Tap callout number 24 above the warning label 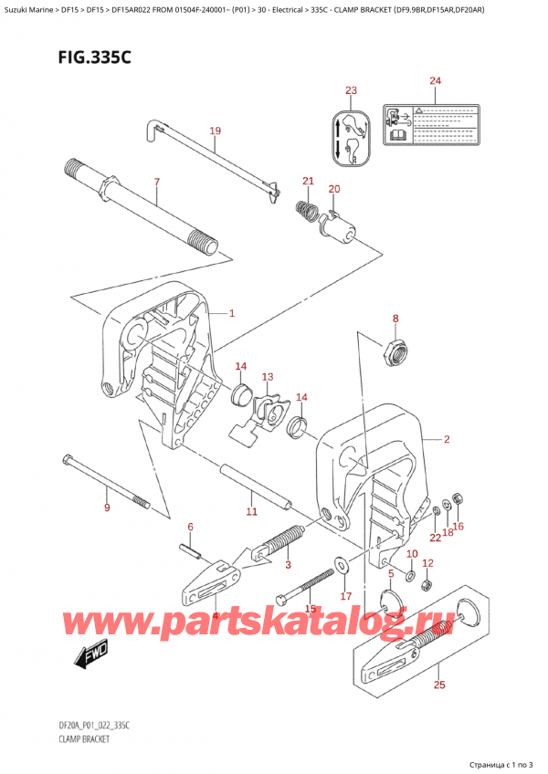434,81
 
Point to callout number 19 215,131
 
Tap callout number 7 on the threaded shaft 156,183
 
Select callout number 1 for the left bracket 232,314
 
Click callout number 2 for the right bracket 447,440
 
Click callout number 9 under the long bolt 108,507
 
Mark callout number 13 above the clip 267,377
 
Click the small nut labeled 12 427,584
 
